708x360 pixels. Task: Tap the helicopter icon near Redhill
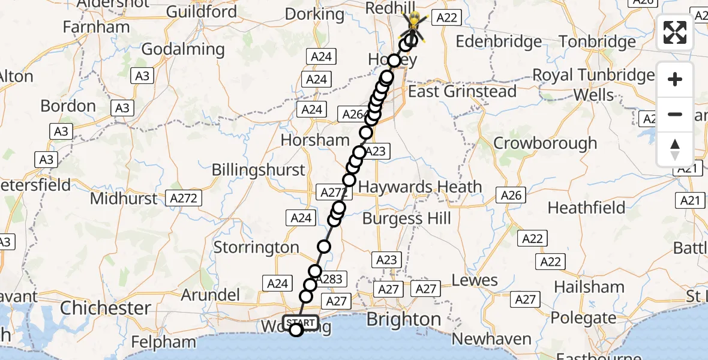click(x=415, y=25)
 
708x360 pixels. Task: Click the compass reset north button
click(x=675, y=149)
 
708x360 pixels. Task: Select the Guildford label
click(x=201, y=11)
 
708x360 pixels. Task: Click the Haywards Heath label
click(x=420, y=187)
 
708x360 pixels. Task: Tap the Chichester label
click(x=106, y=308)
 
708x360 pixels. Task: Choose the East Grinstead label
click(x=462, y=92)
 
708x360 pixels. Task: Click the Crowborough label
click(x=545, y=143)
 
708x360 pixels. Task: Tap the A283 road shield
click(x=329, y=278)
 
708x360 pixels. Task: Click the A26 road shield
click(x=511, y=194)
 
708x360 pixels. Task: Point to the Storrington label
click(x=256, y=247)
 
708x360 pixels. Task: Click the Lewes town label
click(x=475, y=280)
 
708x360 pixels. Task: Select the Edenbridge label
click(x=499, y=42)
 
